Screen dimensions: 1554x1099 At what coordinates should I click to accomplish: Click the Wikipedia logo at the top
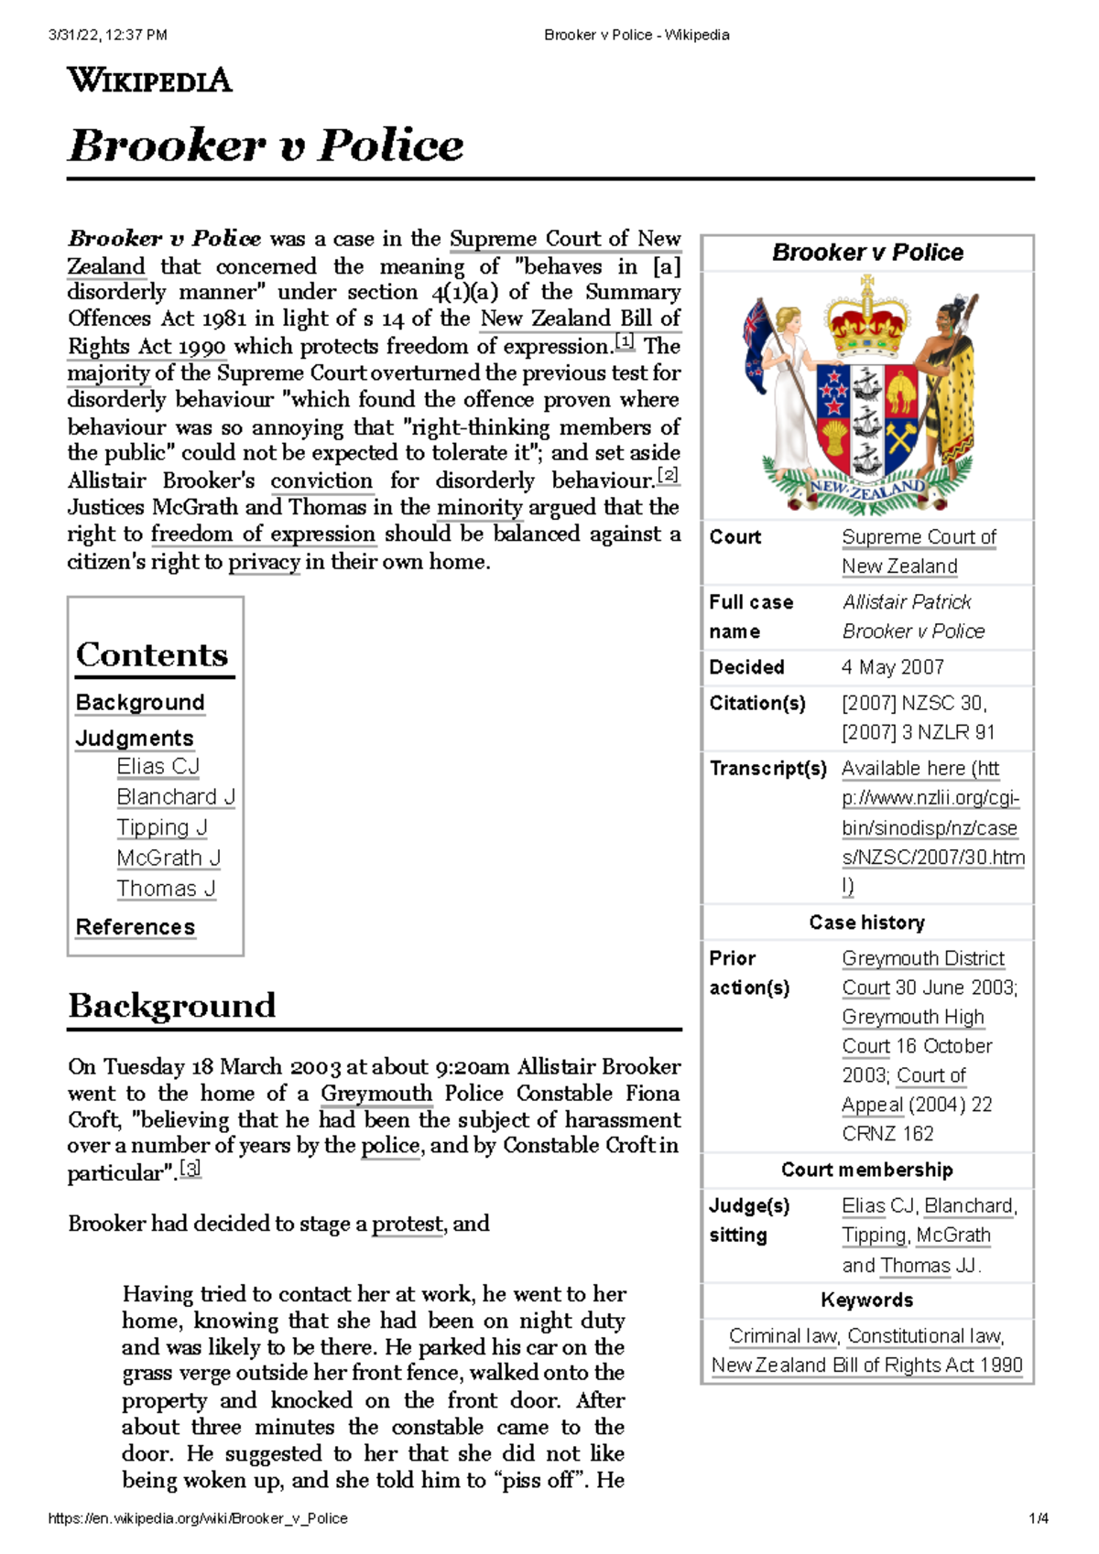149,81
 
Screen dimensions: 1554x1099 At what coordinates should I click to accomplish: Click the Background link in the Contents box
140,702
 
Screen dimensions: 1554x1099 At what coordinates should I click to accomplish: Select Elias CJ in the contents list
158,766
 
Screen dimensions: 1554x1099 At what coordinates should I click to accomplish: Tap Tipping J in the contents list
162,827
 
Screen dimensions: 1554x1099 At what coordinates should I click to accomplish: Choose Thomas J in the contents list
166,889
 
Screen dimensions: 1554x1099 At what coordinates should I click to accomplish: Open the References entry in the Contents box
136,927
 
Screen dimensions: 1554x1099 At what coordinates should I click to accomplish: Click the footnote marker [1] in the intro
625,342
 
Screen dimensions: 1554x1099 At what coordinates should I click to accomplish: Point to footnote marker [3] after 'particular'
190,1169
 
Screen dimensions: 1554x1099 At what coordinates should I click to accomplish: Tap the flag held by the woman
756,343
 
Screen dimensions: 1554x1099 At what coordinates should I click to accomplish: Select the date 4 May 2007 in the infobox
892,667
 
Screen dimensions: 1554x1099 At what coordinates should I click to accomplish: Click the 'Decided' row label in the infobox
746,667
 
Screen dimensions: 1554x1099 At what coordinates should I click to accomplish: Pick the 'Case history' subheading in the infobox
866,923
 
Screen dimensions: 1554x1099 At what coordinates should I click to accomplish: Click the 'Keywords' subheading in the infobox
866,1300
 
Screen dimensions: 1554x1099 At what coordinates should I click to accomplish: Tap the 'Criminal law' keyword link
783,1336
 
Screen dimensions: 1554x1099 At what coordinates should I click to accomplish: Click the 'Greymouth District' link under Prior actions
923,958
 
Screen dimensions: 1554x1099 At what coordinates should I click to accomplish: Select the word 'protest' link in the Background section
408,1225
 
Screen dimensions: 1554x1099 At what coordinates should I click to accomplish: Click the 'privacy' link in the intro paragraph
264,562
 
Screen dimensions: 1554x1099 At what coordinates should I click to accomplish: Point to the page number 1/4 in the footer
1038,1518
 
